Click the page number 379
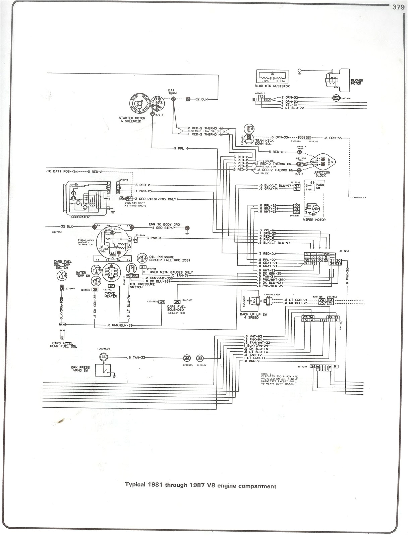(x=398, y=7)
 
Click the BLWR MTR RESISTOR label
(x=272, y=86)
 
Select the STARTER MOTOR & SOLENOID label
(x=132, y=120)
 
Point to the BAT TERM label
(x=172, y=92)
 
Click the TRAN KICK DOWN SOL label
(x=264, y=142)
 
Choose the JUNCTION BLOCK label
(x=322, y=174)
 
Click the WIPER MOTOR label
(x=314, y=220)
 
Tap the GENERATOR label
(x=80, y=217)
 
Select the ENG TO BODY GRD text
(x=164, y=225)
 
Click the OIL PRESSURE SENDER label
(x=162, y=258)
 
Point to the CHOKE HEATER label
(x=110, y=295)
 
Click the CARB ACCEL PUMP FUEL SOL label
(x=64, y=345)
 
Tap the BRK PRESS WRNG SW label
(x=80, y=369)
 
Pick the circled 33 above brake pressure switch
(x=104, y=357)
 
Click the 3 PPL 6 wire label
(x=181, y=148)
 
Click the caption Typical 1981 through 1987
(x=200, y=486)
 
